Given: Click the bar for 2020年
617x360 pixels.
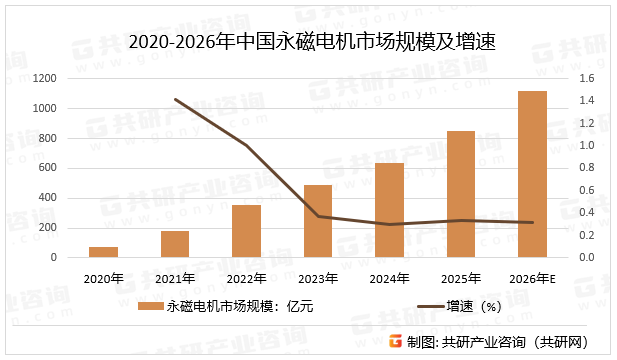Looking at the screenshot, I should tap(103, 252).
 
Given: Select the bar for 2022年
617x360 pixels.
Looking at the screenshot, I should tap(246, 231).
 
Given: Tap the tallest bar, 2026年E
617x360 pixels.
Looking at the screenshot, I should tap(532, 174).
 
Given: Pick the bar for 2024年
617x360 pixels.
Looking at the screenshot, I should tap(389, 210).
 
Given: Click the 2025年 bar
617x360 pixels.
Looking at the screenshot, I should tap(461, 194).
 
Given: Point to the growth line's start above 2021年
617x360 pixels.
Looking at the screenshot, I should tap(175, 99).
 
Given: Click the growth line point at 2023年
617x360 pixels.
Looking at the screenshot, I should tap(318, 216).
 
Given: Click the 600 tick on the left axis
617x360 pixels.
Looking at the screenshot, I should tap(46, 168).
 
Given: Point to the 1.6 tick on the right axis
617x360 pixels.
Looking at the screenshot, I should tap(586, 78).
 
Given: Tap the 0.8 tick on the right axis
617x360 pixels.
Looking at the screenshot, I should tap(586, 168).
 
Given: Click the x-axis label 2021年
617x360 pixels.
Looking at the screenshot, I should tap(175, 277).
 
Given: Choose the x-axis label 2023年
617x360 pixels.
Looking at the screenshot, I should tap(318, 277).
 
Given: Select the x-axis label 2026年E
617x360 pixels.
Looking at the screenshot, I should tap(533, 277).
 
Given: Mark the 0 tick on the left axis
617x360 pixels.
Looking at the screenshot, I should tap(54, 257).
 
